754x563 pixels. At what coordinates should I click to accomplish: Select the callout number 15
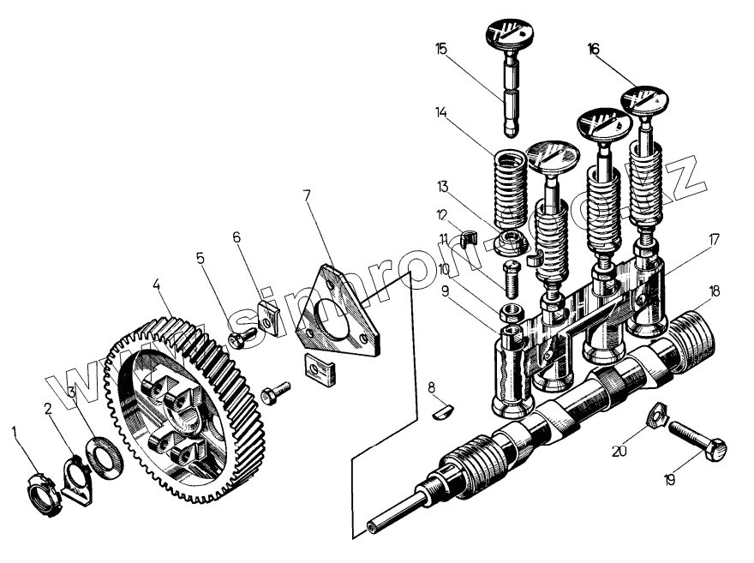pyautogui.click(x=441, y=50)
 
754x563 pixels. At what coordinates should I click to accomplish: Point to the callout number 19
pyautogui.click(x=670, y=481)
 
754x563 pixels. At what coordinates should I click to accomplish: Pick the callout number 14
pyautogui.click(x=440, y=111)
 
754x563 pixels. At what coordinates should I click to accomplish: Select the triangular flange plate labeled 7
pyautogui.click(x=339, y=313)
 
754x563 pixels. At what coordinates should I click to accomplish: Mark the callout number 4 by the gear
pyautogui.click(x=157, y=283)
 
